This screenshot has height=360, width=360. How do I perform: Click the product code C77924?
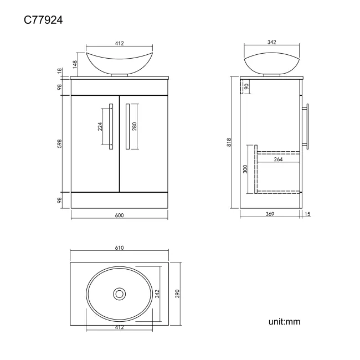43,20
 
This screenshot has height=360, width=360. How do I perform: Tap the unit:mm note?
284,321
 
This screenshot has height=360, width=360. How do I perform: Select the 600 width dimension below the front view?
119,215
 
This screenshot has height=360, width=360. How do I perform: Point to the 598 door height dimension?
59,143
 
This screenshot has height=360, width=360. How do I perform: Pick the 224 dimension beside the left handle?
100,126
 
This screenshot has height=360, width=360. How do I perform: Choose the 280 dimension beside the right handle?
134,126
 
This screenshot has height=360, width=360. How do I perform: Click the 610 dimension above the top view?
119,248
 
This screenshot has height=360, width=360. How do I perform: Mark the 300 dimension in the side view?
245,169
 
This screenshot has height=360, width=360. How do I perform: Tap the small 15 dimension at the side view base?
307,215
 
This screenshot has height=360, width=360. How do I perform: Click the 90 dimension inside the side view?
246,85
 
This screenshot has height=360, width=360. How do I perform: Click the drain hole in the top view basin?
119,294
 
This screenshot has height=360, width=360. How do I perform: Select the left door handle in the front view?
111,126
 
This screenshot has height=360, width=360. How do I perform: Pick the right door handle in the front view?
127,126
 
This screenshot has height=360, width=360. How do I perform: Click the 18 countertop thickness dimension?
59,71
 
